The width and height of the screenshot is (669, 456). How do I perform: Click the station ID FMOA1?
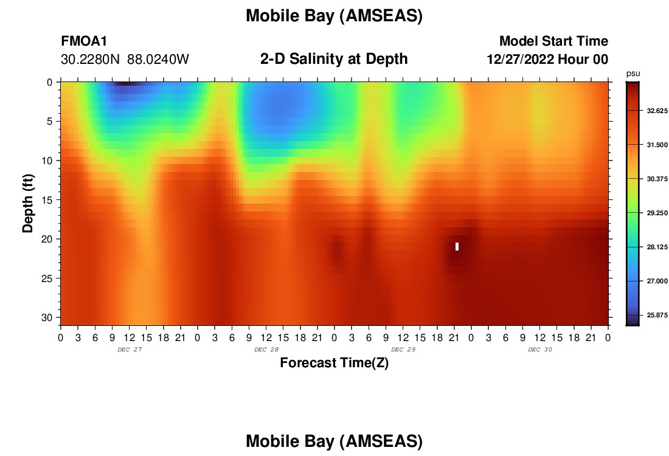[84, 41]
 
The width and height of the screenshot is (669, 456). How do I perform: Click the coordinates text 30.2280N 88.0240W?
[125, 60]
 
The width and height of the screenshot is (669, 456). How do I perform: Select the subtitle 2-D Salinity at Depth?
[334, 59]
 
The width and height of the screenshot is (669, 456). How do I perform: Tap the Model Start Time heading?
[553, 41]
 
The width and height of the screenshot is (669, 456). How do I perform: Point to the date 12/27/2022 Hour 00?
[547, 59]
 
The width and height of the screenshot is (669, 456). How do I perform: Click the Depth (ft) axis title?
[28, 204]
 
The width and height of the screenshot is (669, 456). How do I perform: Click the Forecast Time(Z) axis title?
[334, 362]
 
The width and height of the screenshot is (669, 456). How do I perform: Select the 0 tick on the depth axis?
[50, 82]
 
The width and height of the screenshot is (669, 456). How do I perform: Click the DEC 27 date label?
[130, 350]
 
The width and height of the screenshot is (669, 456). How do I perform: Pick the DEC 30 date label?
[539, 350]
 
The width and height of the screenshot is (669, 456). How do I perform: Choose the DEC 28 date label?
[266, 350]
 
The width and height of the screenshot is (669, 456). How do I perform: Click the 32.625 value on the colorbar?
[657, 111]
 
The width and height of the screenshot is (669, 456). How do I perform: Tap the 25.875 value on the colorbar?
[657, 315]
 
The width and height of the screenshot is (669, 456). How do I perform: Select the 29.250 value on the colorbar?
[657, 213]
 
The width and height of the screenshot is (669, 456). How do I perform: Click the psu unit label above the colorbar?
[633, 74]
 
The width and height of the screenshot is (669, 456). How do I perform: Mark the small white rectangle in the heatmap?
[457, 247]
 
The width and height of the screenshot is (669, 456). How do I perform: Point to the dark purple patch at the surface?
[127, 84]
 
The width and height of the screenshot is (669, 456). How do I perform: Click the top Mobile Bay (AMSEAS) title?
[334, 16]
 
